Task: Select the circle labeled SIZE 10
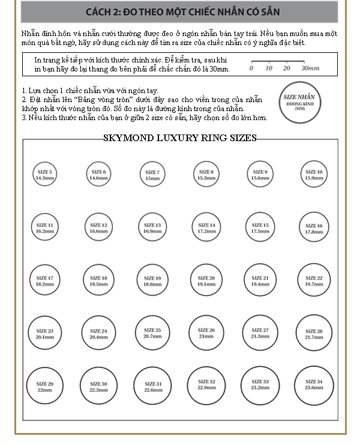coord(314,175)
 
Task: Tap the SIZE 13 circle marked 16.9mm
coord(152,228)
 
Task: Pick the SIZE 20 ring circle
coord(206,280)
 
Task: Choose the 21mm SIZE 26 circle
coord(206,333)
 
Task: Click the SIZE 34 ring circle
coord(314,384)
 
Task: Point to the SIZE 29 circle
coord(44,386)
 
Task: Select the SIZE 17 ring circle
coord(44,280)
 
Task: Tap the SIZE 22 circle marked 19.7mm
coord(314,280)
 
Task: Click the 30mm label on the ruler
coord(310,68)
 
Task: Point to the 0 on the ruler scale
coord(251,68)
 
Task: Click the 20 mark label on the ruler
coord(287,68)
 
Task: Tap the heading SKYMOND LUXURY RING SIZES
coord(180,138)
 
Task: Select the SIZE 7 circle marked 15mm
coord(152,175)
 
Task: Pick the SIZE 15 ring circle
coord(260,228)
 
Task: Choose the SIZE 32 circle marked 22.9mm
coord(206,384)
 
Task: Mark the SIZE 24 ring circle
coord(98,333)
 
